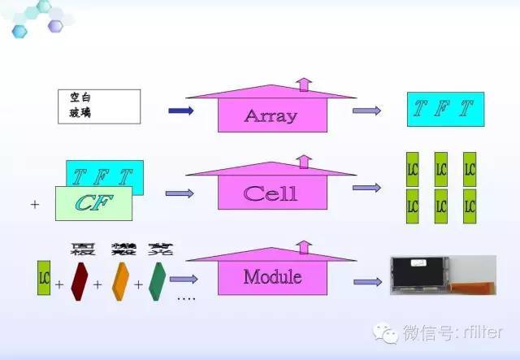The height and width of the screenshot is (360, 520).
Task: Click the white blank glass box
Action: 99,106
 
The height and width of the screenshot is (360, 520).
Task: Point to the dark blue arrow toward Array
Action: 180,111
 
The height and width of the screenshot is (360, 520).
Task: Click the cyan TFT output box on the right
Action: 440,110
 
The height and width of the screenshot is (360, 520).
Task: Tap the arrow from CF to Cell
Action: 180,193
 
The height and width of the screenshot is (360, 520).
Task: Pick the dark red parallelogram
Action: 78,277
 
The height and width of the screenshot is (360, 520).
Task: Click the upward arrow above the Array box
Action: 303,85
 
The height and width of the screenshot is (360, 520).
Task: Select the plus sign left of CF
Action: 34,205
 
